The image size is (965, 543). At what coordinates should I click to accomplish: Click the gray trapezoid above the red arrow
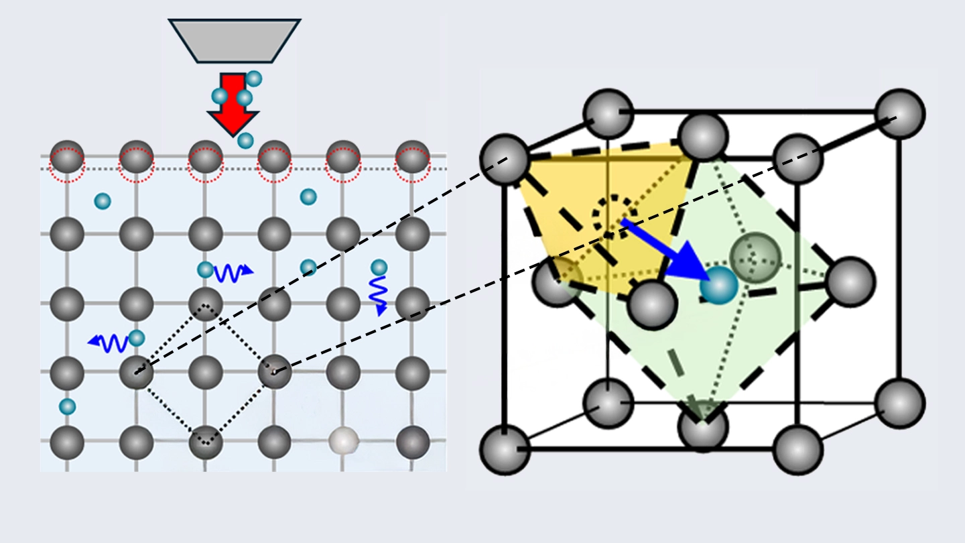point(233,41)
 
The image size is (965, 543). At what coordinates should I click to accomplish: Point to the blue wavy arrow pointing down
point(379,295)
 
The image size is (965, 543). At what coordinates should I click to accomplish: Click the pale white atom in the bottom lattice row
point(343,442)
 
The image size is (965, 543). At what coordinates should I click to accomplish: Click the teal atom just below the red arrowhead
point(246,141)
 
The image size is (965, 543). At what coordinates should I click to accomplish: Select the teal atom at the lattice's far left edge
point(67,406)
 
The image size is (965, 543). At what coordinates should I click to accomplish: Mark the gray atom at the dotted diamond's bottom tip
point(206,442)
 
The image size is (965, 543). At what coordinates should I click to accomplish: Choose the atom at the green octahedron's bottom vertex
point(702,426)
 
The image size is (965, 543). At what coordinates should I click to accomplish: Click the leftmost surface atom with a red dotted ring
point(68,158)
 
